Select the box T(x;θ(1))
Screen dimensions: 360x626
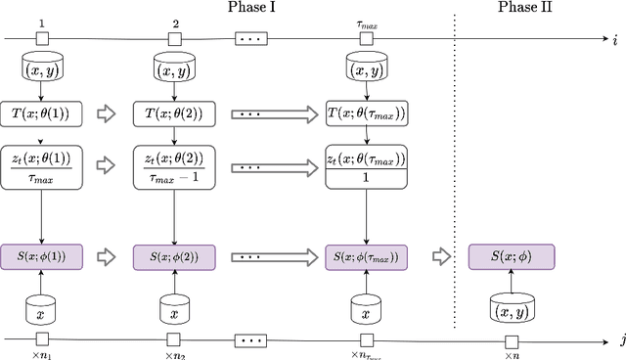click(x=42, y=113)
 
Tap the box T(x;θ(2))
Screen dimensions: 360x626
click(x=174, y=113)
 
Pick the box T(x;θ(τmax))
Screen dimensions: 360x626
click(x=366, y=113)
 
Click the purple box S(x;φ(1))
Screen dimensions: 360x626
click(x=42, y=257)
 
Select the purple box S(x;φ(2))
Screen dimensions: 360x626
click(x=174, y=257)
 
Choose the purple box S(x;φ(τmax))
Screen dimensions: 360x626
click(x=366, y=257)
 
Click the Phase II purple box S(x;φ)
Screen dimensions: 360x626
click(x=511, y=257)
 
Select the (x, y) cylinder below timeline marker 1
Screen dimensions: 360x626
click(x=42, y=68)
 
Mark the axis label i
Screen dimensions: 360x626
click(x=616, y=40)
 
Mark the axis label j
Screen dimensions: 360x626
click(x=616, y=338)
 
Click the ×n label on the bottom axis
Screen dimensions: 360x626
click(x=511, y=354)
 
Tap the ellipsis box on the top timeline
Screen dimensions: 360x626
click(x=252, y=40)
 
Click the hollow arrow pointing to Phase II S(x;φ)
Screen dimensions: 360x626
click(x=444, y=257)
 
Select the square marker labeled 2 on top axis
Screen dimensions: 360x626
click(x=174, y=40)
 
